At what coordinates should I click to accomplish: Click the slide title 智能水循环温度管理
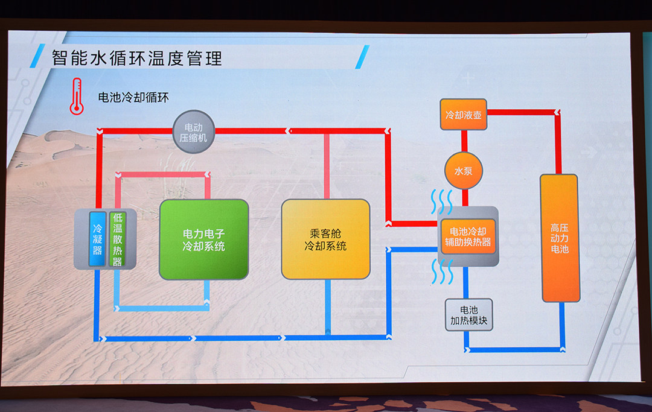point(137,59)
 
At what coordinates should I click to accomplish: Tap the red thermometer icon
point(77,97)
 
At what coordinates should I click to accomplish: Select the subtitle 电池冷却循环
point(133,97)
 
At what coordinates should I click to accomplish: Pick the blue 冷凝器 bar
point(97,239)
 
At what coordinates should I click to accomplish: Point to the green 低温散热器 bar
point(116,239)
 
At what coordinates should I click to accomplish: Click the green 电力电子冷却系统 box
point(204,239)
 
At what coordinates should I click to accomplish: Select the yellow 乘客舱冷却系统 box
point(326,239)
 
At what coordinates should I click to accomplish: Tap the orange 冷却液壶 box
point(463,115)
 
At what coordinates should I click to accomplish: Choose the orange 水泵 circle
point(463,171)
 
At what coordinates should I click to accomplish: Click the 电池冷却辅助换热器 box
point(468,236)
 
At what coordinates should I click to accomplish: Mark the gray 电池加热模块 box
point(469,315)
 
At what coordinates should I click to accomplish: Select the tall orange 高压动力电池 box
point(560,238)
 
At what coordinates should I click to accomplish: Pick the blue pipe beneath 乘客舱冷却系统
point(328,308)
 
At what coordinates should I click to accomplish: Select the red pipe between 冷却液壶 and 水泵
point(464,141)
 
